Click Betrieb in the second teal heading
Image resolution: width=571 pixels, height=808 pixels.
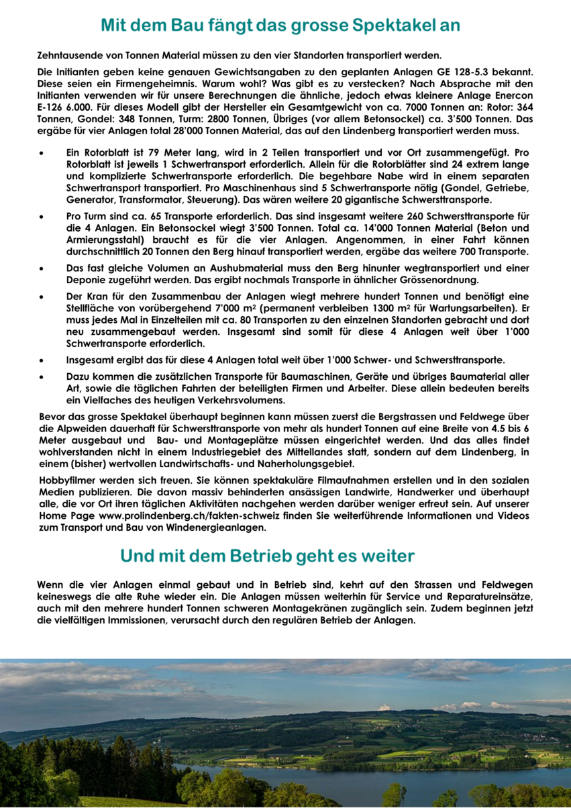pyautogui.click(x=307, y=556)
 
